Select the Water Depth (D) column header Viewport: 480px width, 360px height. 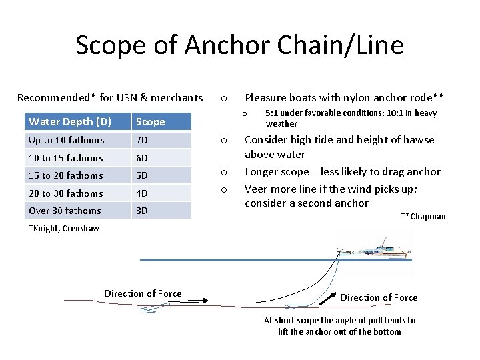(70, 121)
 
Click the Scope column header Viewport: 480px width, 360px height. (150, 122)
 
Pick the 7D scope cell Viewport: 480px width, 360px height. (142, 140)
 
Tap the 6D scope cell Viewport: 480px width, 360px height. (142, 158)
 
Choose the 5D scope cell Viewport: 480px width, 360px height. (142, 175)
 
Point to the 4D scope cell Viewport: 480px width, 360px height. (142, 193)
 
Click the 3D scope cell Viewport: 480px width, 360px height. (142, 211)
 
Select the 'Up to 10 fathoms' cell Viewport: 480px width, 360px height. (67, 140)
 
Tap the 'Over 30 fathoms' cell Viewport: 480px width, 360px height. (65, 211)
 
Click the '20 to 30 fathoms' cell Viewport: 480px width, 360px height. (66, 193)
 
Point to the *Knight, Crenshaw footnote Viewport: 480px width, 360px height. (64, 228)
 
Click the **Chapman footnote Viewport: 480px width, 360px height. (423, 216)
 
